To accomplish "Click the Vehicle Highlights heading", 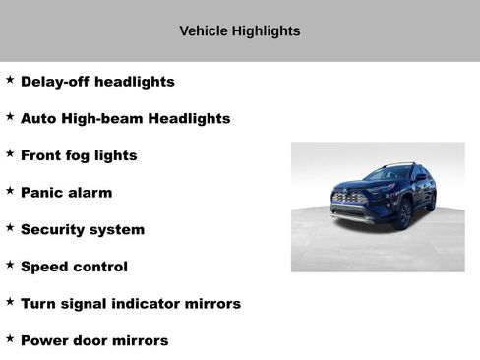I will point(240,31).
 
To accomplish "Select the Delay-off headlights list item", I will point(97,82).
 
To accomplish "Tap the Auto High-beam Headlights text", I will point(125,119).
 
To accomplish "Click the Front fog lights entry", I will point(79,155).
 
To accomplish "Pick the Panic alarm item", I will point(66,193).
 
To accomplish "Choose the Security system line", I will point(83,229).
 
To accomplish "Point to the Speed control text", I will point(74,267).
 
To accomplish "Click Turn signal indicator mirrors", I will point(131,304).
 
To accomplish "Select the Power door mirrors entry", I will point(94,340).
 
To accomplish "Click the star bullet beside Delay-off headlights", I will point(10,79).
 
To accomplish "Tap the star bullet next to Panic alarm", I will point(10,190).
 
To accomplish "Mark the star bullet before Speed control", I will point(10,264).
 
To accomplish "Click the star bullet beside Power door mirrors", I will point(10,337).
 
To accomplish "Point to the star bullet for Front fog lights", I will point(10,152).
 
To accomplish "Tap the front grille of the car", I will point(351,198).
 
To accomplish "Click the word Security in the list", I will point(53,229).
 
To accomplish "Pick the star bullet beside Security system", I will point(10,226).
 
